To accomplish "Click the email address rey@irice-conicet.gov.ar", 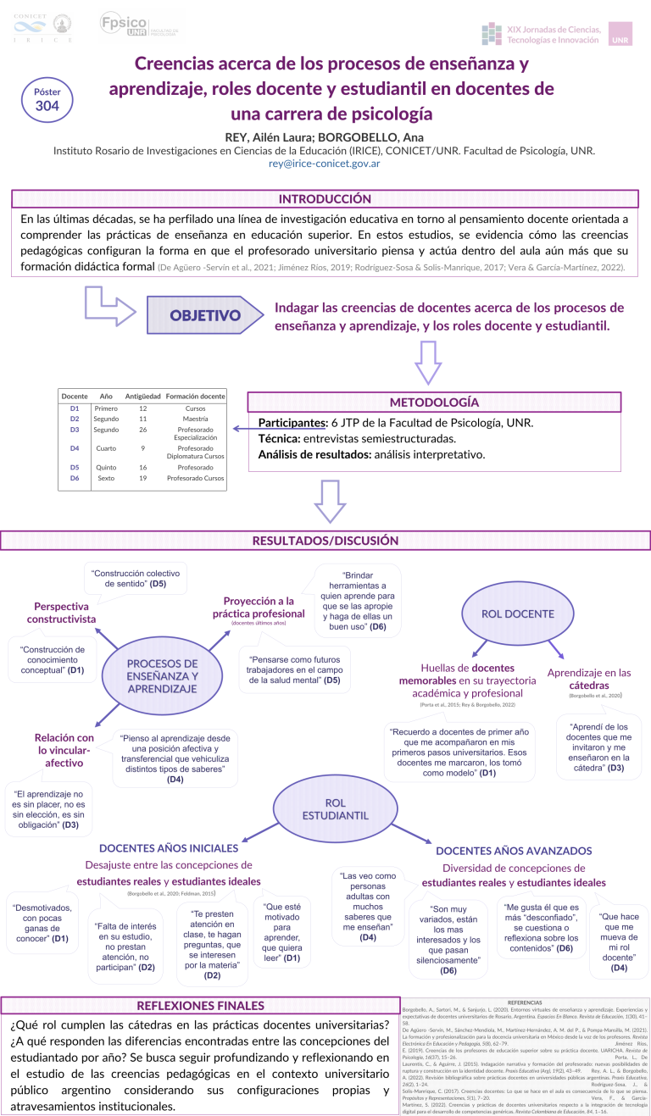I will pyautogui.click(x=325, y=164).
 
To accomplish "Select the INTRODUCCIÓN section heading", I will pyautogui.click(x=325, y=199).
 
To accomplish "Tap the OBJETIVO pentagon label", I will pyautogui.click(x=204, y=315).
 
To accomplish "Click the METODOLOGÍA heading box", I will pyautogui.click(x=433, y=402).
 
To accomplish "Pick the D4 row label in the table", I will pyautogui.click(x=75, y=448).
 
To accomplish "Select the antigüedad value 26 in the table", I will pyautogui.click(x=143, y=429).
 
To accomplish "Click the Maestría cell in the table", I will pyautogui.click(x=196, y=419).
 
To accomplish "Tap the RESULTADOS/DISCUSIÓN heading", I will pyautogui.click(x=325, y=540).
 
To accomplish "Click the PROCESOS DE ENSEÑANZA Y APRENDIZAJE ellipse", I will pyautogui.click(x=162, y=675).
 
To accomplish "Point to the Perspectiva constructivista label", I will pyautogui.click(x=61, y=613).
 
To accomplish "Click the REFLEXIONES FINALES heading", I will pyautogui.click(x=200, y=1006).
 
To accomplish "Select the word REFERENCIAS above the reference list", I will pyautogui.click(x=524, y=1002).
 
